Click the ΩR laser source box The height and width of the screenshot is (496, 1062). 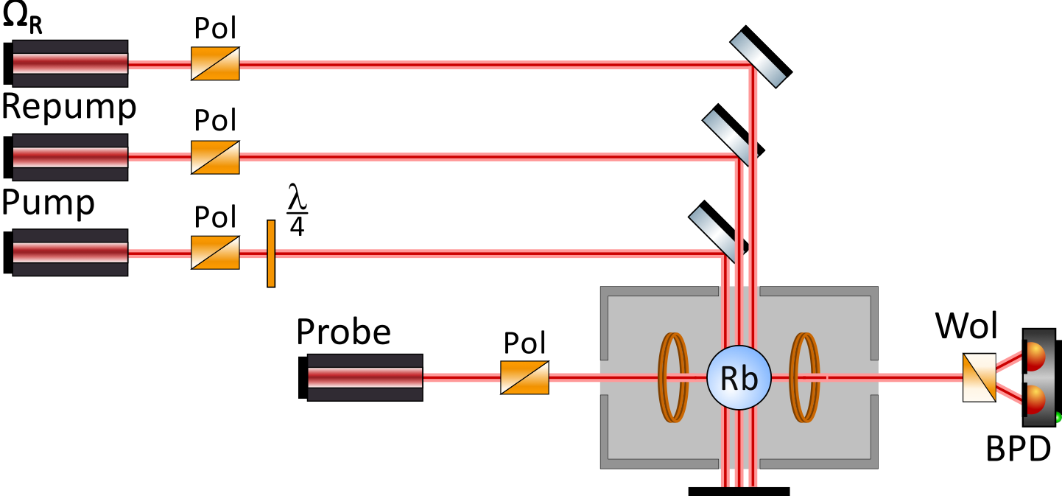click(69, 63)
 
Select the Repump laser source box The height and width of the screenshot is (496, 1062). click(69, 157)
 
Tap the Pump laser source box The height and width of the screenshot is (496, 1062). click(69, 252)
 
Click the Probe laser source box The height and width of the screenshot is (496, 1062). click(364, 377)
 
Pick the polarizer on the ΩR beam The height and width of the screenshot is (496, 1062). click(215, 63)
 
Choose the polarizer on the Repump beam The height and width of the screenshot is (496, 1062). click(215, 157)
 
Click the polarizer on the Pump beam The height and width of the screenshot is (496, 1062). click(215, 252)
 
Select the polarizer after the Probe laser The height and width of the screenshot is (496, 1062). click(524, 377)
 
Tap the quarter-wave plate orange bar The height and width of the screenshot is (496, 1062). click(271, 253)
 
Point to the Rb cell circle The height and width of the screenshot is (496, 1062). click(738, 377)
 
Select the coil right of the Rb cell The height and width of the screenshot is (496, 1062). click(805, 377)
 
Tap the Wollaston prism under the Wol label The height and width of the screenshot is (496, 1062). click(979, 377)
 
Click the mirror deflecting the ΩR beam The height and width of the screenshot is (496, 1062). click(761, 55)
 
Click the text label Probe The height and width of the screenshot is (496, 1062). click(343, 332)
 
